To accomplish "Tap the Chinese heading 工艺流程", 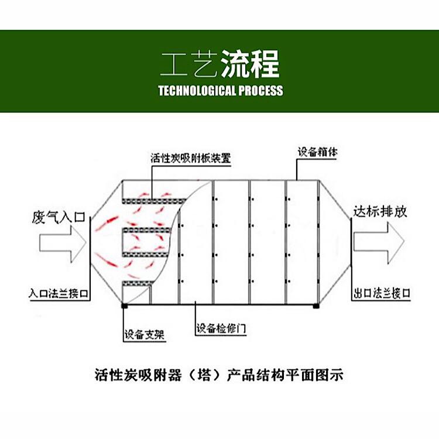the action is [220, 64].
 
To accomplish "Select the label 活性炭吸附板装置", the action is [191, 158].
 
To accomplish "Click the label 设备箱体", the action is [317, 152].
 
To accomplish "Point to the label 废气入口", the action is [58, 217].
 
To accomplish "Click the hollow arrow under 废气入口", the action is [63, 243].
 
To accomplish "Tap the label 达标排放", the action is [380, 212].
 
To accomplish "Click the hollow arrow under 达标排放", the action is [379, 243].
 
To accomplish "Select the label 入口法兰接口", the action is [59, 293].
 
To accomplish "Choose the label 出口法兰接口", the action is [382, 293].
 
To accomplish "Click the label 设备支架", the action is [144, 335].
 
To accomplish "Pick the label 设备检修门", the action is [221, 328].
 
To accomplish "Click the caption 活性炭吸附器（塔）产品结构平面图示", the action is [219, 375].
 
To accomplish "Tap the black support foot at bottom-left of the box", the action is [124, 306].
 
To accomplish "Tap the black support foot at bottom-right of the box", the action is [316, 306].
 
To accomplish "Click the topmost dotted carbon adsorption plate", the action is [155, 201].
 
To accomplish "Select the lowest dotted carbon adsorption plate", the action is [138, 283].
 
